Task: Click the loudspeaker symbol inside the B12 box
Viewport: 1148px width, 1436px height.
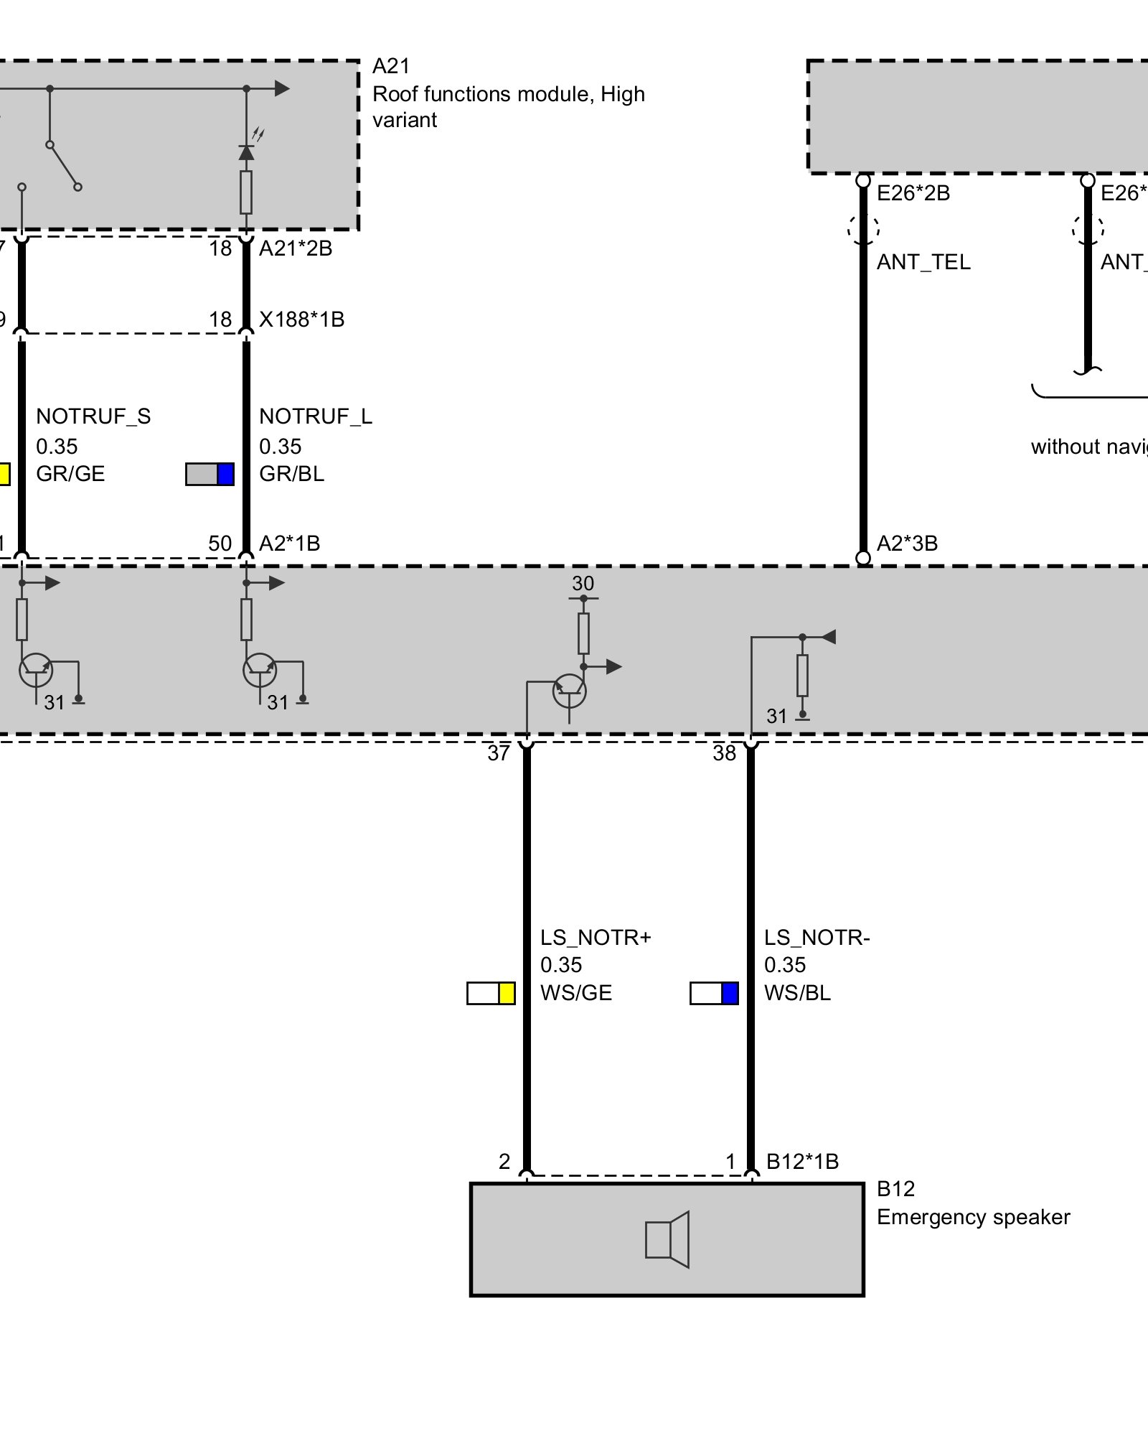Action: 667,1239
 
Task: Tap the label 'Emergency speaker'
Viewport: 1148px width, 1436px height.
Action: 973,1217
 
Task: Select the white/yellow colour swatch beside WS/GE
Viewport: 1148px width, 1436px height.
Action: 491,993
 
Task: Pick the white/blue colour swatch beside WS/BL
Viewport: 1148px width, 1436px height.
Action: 714,993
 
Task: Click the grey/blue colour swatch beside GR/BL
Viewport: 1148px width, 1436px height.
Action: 210,474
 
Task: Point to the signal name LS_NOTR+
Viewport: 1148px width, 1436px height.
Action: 596,938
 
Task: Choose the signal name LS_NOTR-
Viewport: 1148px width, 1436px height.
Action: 817,938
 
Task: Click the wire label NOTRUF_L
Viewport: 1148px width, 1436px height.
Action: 316,416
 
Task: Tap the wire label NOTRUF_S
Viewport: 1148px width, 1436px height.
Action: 93,416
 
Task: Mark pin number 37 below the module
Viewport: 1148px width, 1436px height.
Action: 499,753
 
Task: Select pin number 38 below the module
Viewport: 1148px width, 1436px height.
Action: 724,753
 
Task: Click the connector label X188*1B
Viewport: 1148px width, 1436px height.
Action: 301,320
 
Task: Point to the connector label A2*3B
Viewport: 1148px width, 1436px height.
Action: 907,544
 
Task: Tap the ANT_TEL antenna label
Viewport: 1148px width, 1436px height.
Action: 923,262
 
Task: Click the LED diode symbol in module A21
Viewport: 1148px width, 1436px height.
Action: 246,152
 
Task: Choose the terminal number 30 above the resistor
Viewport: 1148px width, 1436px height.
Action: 583,583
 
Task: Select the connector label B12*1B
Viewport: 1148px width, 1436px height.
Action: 802,1161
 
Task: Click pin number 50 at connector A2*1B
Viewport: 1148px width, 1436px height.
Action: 220,544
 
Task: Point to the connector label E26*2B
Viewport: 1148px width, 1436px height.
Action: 913,193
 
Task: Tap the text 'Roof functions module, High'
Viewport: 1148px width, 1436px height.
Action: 509,94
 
